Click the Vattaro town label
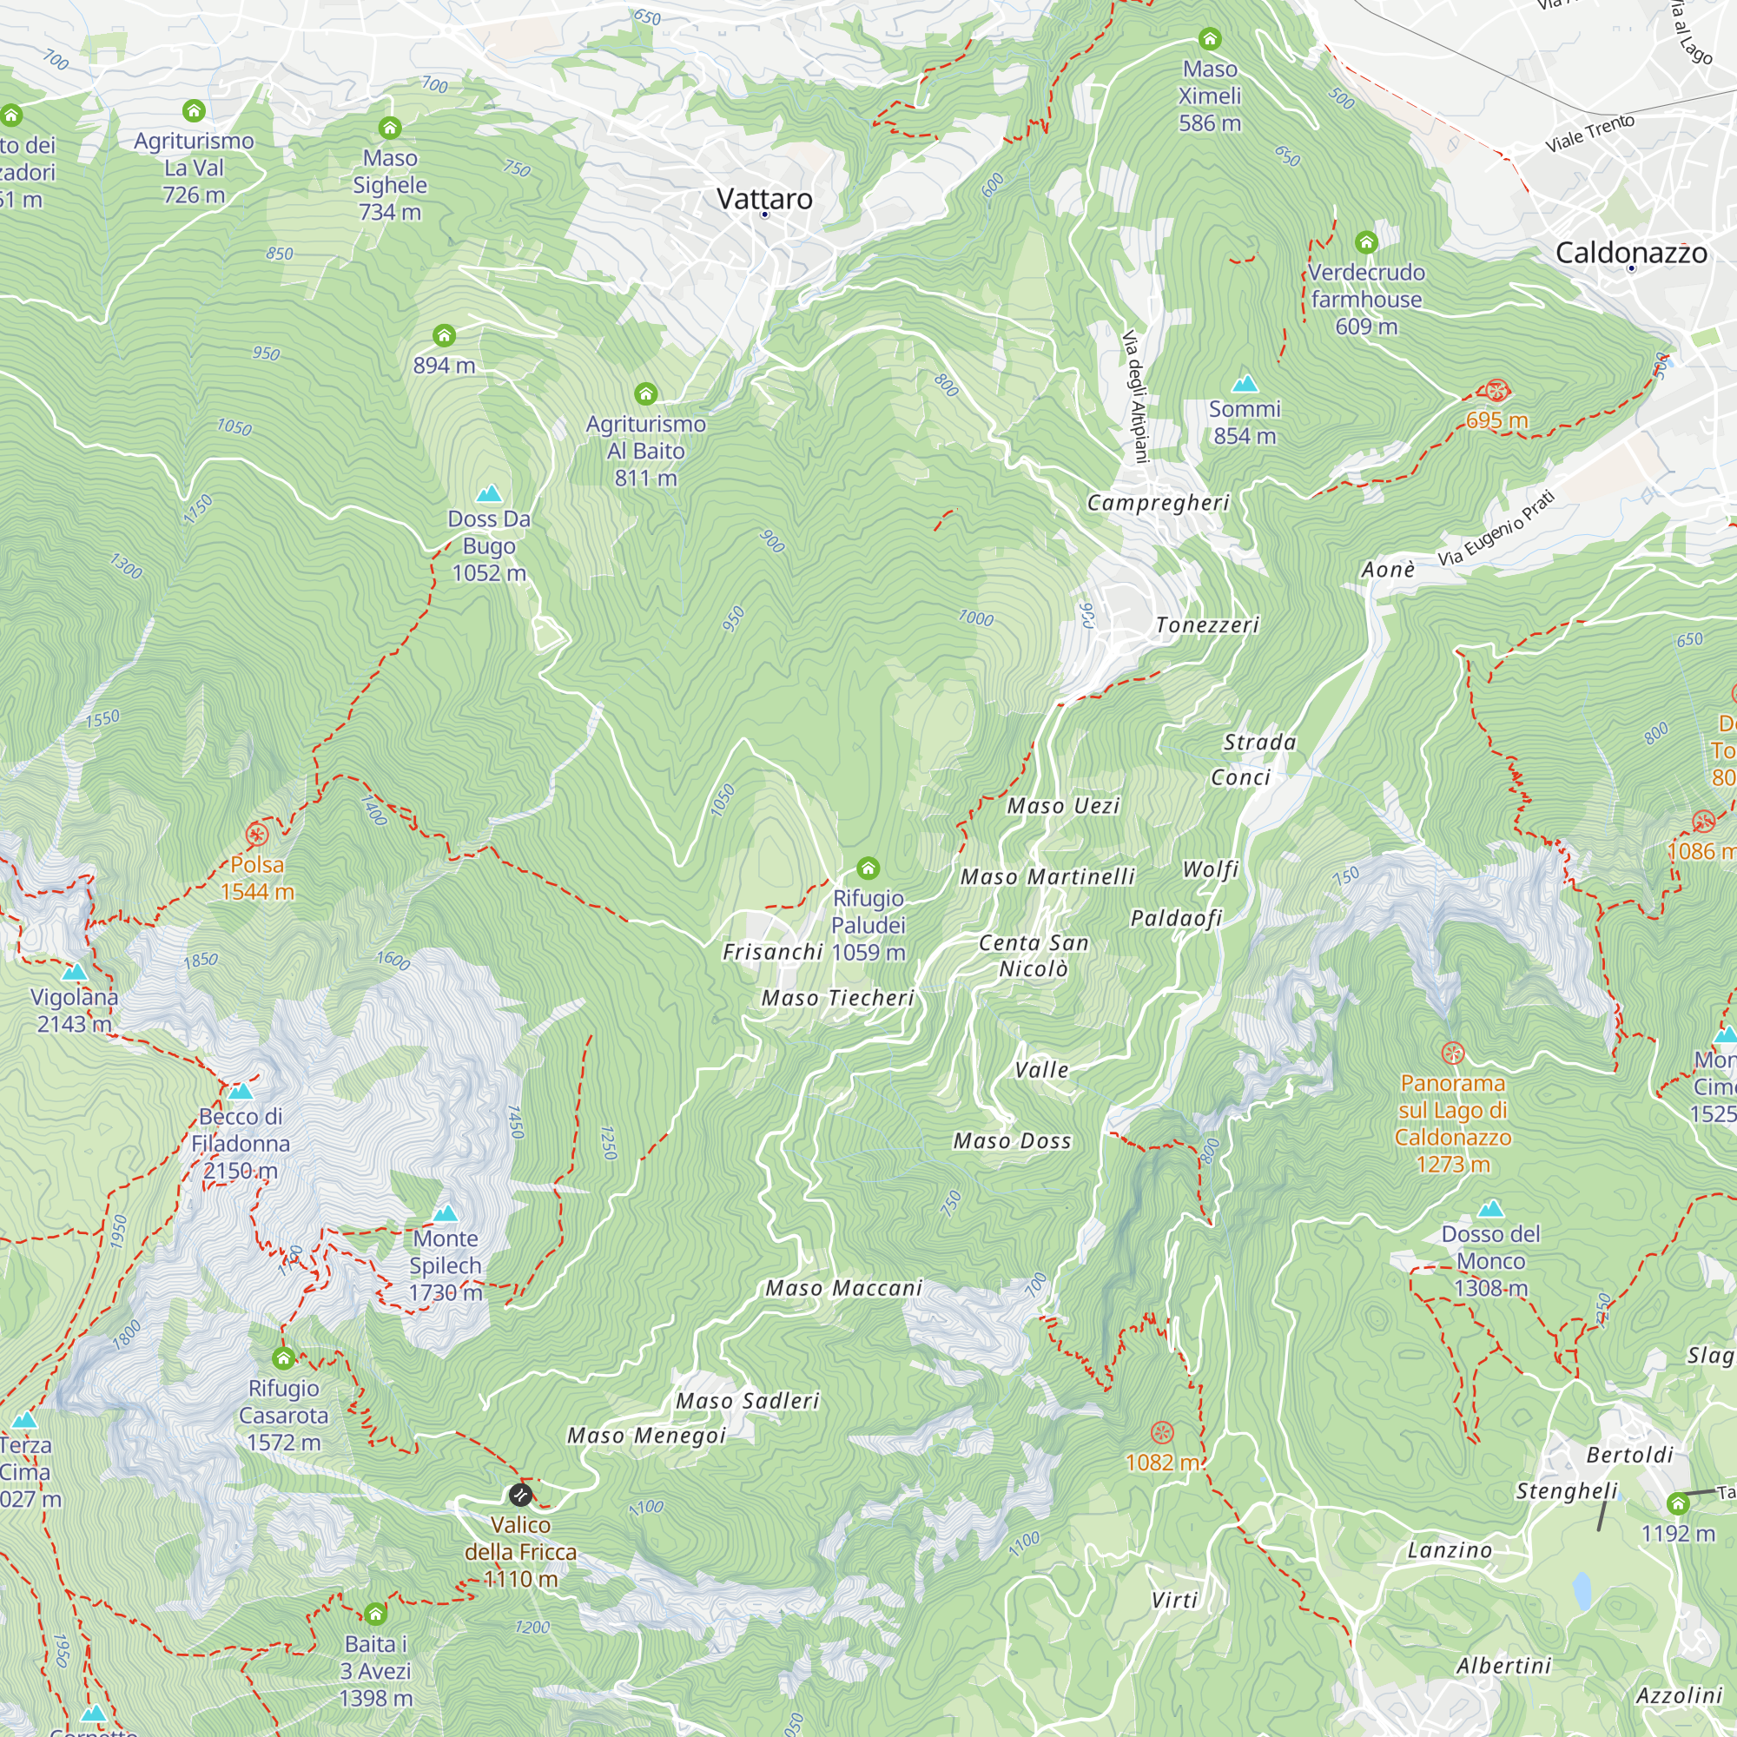pos(764,199)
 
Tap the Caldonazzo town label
pos(1631,253)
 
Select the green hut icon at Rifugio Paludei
pos(868,868)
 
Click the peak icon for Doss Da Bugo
pos(488,493)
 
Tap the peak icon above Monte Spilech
pos(445,1214)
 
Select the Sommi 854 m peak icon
pos(1245,384)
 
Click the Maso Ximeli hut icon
pos(1209,39)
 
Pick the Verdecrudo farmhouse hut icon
pos(1365,241)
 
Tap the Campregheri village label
pos(1158,503)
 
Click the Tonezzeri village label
pos(1206,624)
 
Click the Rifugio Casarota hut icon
pos(283,1358)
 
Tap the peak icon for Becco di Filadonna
pos(240,1092)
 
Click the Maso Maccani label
pos(843,1288)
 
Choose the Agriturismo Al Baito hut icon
pos(645,393)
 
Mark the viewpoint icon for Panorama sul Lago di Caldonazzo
pos(1452,1053)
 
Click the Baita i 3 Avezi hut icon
pos(375,1615)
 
